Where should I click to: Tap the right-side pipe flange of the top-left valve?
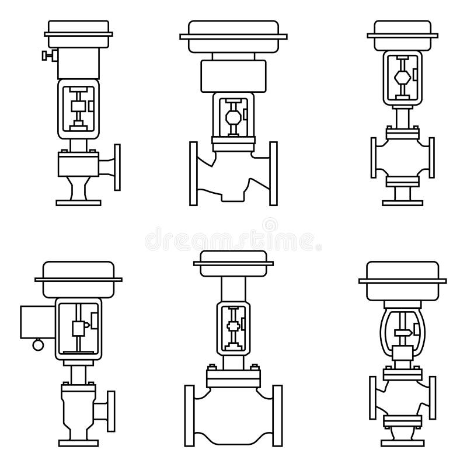(119, 166)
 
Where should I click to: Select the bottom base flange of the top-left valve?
(78, 202)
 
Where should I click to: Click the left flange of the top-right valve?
(374, 158)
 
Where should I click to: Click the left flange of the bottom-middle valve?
(190, 414)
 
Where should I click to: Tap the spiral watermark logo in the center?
(269, 225)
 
